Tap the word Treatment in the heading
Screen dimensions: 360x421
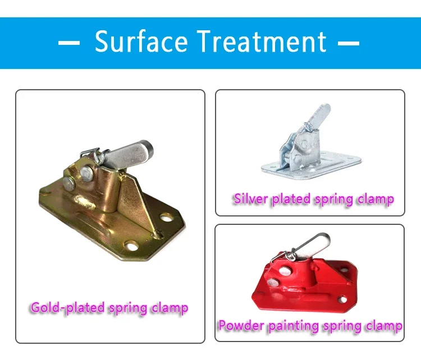258,42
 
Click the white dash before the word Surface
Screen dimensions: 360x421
69,43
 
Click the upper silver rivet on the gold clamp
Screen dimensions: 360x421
86,172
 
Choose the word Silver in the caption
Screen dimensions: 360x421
251,199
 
